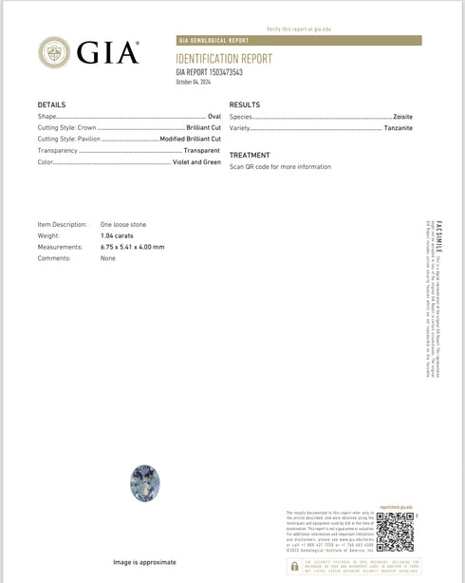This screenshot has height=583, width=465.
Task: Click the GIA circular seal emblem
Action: point(54,52)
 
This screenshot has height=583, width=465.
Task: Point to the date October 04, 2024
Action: point(195,82)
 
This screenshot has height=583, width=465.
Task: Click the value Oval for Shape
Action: point(214,116)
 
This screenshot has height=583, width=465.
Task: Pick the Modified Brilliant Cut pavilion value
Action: point(190,139)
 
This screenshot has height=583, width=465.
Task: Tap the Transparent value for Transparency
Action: point(201,150)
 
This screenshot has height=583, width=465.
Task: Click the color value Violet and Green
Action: point(196,162)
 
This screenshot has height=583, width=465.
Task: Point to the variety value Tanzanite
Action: point(399,127)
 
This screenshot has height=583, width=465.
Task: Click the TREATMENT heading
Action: point(250,155)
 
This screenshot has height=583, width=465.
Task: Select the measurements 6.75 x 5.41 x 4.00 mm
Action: point(132,247)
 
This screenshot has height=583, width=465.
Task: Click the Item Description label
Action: point(62,224)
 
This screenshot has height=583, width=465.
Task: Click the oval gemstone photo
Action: point(142,484)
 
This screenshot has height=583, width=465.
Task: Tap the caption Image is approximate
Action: point(144,562)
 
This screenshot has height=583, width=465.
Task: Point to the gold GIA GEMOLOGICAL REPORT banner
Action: point(299,41)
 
